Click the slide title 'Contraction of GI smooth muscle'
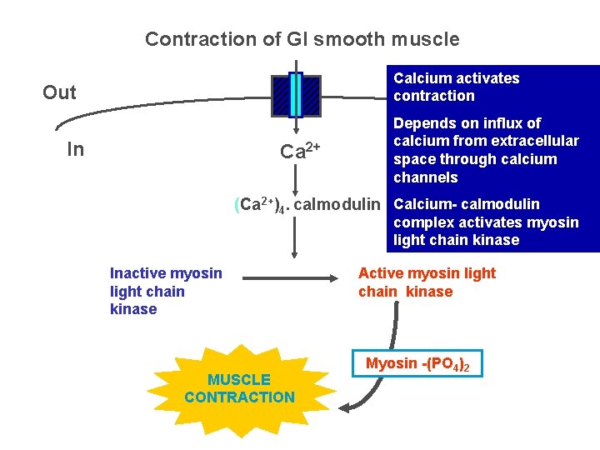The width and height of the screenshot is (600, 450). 302,39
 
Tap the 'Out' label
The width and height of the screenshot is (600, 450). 59,92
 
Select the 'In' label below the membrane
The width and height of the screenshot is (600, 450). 75,149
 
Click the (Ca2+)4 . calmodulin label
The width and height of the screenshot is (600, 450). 307,205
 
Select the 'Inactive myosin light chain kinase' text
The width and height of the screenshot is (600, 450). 166,291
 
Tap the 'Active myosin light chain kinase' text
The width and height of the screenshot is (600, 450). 426,282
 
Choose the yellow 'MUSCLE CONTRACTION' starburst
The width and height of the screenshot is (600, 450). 239,388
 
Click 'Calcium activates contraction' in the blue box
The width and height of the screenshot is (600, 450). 456,87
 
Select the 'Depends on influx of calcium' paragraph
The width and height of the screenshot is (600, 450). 485,150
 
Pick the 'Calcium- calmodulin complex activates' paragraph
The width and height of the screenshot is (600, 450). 485,222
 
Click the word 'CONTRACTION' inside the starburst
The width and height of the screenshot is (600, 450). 239,397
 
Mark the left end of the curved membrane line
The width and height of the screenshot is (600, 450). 57,127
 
